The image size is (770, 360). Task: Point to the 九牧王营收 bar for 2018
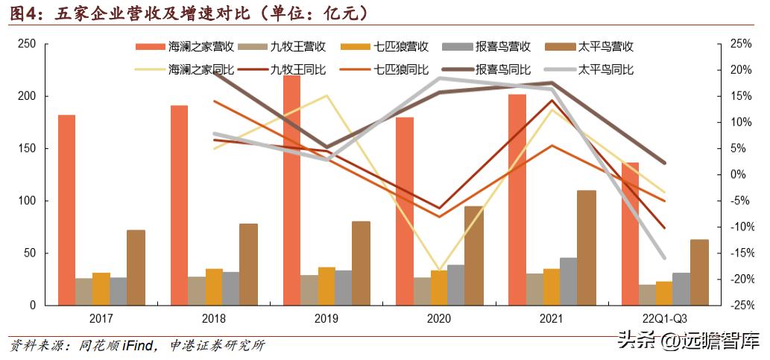click(196, 291)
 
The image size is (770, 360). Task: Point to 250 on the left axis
click(27, 45)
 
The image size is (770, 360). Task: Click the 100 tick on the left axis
click(27, 201)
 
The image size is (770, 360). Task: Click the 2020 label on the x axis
click(438, 319)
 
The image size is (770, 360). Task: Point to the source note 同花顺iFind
click(112, 346)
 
